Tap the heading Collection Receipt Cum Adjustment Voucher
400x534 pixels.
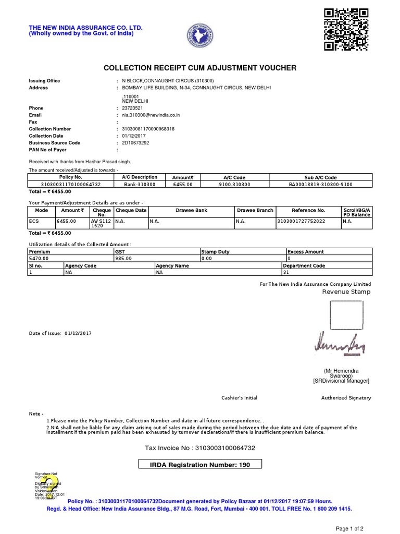coord(200,68)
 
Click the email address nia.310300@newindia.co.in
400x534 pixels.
coord(151,115)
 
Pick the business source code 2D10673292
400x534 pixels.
coord(135,142)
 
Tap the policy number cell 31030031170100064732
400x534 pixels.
coord(70,184)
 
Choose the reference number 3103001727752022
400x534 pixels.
coord(301,221)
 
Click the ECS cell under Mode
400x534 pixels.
coord(34,221)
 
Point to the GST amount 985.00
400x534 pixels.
coord(123,258)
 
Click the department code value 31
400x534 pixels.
coord(285,272)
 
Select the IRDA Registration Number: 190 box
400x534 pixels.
coord(200,465)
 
